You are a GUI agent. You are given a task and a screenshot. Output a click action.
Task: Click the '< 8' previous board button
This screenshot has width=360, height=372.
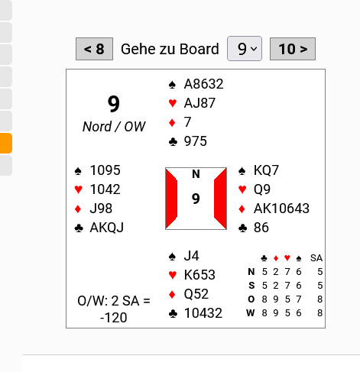pos(94,49)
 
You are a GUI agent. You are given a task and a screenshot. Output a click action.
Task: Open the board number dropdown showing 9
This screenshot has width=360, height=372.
pos(245,49)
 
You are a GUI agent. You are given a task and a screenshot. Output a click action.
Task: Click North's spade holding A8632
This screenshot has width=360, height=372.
pos(203,84)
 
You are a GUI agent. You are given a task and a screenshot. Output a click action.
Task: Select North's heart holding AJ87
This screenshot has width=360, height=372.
pos(199,103)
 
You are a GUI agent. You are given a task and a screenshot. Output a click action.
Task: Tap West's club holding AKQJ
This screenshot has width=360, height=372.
pos(107,228)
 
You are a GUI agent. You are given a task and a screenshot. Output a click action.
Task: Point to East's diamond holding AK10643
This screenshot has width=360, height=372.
pos(281,209)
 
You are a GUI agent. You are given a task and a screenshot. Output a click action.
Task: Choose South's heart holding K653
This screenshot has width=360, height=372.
pos(199,275)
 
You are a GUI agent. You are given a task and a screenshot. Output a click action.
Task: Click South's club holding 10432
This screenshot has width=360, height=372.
pos(203,313)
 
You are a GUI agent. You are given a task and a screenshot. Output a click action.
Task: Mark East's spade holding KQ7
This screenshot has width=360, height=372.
pos(266,170)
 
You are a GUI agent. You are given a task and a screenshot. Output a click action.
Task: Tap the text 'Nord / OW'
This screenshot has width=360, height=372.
pos(114,127)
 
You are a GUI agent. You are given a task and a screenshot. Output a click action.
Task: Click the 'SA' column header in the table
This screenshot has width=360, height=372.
pos(316,258)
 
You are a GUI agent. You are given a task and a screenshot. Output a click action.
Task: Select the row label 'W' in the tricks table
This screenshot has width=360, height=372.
pos(251,312)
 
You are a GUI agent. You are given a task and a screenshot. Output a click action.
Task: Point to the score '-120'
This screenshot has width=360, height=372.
pos(114,318)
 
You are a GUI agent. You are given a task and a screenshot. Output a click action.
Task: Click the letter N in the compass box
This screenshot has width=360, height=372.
pos(196,174)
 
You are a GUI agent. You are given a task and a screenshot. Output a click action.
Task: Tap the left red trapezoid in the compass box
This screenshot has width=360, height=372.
pos(171,199)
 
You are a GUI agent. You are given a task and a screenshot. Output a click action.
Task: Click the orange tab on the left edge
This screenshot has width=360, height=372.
pos(6,143)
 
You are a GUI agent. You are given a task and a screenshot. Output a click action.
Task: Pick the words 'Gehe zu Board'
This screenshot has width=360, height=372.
pos(170,49)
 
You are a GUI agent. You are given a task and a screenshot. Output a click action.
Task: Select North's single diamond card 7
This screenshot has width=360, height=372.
pos(187,122)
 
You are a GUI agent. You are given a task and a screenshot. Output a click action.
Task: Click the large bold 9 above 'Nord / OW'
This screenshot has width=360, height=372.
pos(114,104)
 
